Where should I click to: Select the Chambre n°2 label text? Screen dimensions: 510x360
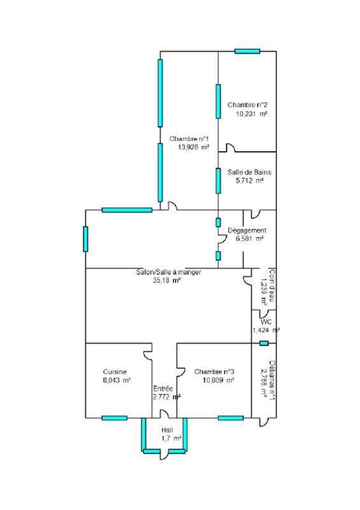click(247, 105)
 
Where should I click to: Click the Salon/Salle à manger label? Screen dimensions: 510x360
click(168, 272)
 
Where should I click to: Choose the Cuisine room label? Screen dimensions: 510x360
click(115, 372)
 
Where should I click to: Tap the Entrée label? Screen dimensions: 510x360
click(164, 388)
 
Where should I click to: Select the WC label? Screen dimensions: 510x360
click(266, 322)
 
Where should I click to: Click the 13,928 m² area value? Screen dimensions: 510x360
click(194, 147)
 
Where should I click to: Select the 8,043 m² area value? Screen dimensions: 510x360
click(117, 380)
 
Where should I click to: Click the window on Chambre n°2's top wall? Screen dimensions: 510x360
click(247, 51)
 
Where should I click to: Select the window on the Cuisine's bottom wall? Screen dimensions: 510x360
click(114, 418)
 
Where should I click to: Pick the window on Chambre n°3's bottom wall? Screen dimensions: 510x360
click(231, 418)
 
